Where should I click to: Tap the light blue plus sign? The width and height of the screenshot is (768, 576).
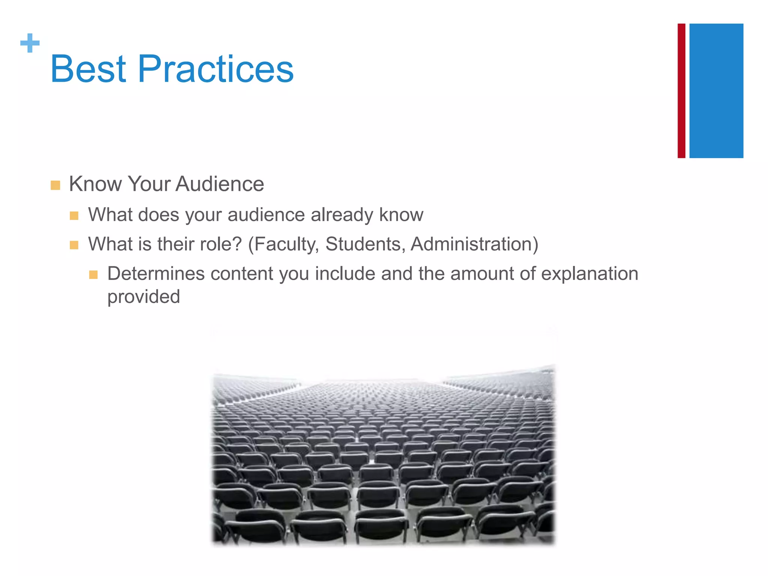pos(30,43)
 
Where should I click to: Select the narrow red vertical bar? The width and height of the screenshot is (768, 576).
pos(681,91)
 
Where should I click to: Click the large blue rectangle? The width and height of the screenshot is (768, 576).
pos(716,91)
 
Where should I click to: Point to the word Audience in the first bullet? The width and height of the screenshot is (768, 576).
pos(220,184)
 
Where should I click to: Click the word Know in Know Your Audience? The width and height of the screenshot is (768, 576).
pos(95,184)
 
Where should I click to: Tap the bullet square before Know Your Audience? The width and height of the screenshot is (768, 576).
pos(55,185)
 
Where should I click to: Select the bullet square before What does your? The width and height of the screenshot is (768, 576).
pos(74,216)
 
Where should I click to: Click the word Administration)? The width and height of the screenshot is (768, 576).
pos(474,244)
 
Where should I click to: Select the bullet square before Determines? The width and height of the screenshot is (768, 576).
pos(93,275)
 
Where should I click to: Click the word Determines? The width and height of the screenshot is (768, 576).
pos(156,273)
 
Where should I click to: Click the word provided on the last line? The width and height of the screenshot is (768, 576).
pos(144,297)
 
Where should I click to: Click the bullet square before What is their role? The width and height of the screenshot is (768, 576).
pos(74,246)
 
